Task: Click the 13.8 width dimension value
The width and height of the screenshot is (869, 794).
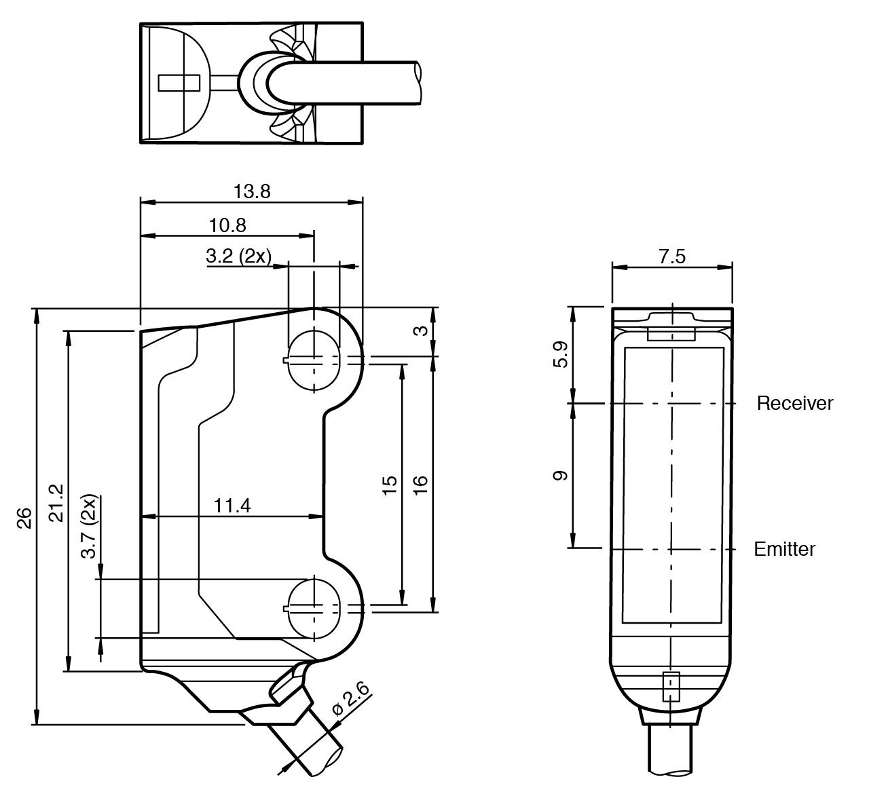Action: pos(252,191)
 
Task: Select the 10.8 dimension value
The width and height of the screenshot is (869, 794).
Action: pos(227,225)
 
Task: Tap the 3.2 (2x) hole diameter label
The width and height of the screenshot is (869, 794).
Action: pos(238,256)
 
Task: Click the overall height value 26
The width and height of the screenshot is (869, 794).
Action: pos(24,518)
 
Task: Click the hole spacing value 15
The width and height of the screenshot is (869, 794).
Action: pos(390,485)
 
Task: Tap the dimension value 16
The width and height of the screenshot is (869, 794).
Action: pos(420,483)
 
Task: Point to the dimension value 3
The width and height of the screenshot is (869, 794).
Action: pos(421,330)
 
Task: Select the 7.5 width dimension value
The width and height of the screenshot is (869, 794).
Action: pos(671,257)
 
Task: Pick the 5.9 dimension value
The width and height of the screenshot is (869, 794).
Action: pos(560,354)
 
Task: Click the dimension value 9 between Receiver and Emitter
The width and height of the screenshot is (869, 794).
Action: pos(560,475)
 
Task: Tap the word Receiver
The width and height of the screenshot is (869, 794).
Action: pos(794,404)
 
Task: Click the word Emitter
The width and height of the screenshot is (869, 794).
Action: pos(784,549)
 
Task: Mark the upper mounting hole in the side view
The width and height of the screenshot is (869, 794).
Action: pos(314,360)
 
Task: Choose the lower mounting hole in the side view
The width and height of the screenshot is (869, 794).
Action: pos(314,607)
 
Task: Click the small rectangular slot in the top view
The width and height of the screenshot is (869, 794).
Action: pos(178,83)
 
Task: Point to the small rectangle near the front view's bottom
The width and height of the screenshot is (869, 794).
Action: pos(671,687)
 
